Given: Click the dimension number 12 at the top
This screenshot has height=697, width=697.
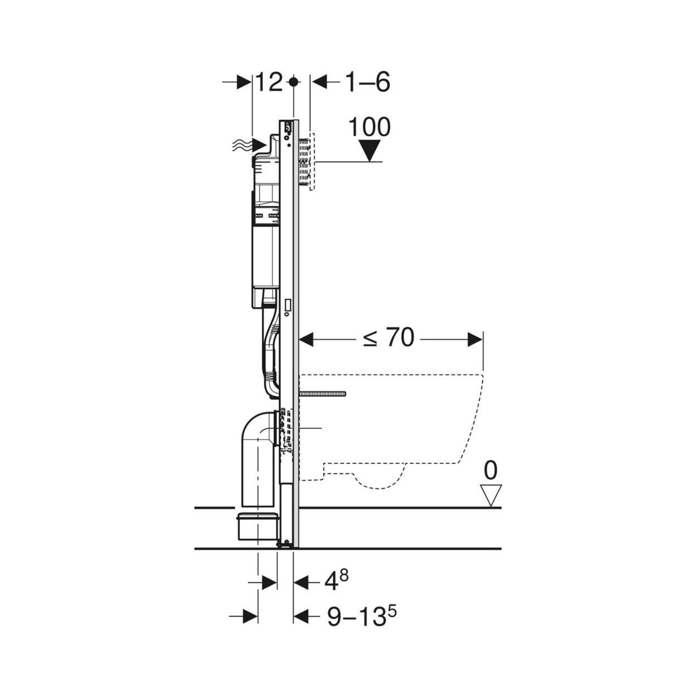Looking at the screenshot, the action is point(269,82).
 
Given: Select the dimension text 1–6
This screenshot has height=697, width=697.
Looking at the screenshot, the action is point(367,82).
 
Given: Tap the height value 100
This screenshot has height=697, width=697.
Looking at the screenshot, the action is point(369,127).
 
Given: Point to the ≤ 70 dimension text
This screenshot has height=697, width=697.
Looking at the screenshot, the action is point(389,338).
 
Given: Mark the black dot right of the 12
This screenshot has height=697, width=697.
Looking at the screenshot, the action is point(294,82).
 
